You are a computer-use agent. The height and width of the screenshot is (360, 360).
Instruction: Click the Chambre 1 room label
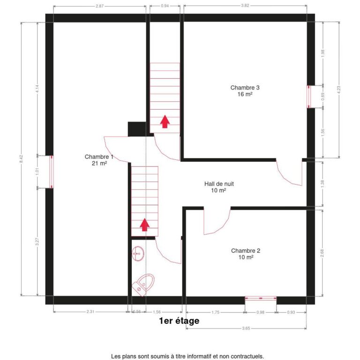pyautogui.click(x=99, y=160)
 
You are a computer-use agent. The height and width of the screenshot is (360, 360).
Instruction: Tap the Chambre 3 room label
pyautogui.click(x=245, y=90)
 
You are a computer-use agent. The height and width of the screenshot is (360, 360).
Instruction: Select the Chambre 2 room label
pyautogui.click(x=246, y=254)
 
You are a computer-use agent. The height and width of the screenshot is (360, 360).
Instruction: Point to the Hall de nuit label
pyautogui.click(x=219, y=187)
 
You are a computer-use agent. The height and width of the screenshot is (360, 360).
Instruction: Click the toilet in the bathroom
pyautogui.click(x=143, y=285)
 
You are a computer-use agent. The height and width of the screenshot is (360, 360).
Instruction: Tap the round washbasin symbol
pyautogui.click(x=138, y=254)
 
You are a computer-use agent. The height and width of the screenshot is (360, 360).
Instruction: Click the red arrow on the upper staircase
pyautogui.click(x=165, y=121)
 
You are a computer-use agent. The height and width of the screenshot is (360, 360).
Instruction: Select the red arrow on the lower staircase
pyautogui.click(x=145, y=225)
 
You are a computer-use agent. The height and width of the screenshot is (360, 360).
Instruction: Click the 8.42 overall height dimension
pyautogui.click(x=22, y=159)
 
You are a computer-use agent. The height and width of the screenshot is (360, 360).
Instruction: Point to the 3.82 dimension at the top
pyautogui.click(x=245, y=6)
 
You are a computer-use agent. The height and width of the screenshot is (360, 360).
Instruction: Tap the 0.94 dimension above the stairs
pyautogui.click(x=165, y=6)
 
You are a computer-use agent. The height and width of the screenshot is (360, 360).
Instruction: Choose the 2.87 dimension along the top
pyautogui.click(x=100, y=6)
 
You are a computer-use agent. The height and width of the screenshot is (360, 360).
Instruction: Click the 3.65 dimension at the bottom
pyautogui.click(x=246, y=328)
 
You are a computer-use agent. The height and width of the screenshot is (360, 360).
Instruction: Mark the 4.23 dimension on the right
pyautogui.click(x=339, y=90)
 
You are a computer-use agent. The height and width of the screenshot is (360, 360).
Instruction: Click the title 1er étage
pyautogui.click(x=179, y=321)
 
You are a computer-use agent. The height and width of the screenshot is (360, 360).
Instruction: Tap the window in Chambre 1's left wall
pyautogui.click(x=52, y=172)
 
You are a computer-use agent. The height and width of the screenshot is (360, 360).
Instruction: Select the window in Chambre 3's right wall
pyautogui.click(x=309, y=97)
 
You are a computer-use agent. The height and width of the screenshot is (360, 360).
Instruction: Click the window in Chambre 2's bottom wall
pyautogui.click(x=261, y=298)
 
